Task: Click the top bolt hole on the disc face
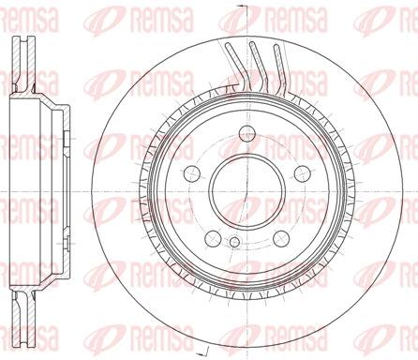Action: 247,133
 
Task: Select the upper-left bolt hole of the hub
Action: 192,173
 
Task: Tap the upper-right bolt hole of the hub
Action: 303,173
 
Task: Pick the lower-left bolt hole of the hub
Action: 213,238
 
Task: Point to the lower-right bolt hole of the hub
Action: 281,238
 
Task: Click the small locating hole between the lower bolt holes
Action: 234,242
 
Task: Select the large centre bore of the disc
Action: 247,191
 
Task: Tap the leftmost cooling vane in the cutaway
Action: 237,66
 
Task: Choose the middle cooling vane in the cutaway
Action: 259,67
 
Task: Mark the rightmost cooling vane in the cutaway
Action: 279,68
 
